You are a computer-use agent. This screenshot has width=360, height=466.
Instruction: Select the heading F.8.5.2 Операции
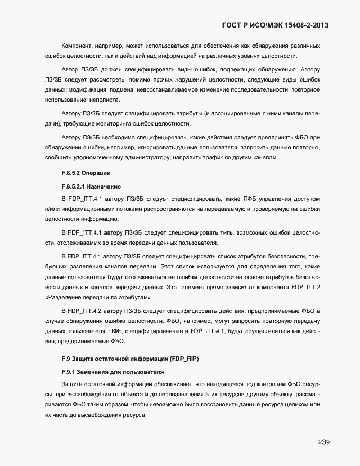pyautogui.click(x=86, y=173)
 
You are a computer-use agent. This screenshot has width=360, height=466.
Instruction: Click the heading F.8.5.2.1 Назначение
pyautogui.click(x=92, y=186)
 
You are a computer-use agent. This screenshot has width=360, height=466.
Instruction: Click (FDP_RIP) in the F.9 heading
pyautogui.click(x=181, y=359)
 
